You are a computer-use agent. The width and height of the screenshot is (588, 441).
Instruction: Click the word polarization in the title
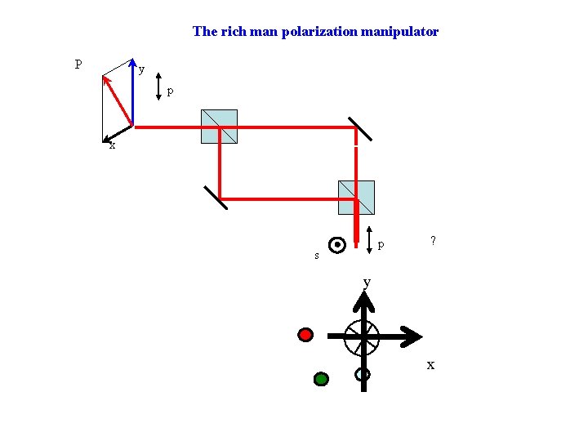click(x=311, y=32)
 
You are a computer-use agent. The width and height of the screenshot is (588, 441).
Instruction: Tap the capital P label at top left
click(x=78, y=64)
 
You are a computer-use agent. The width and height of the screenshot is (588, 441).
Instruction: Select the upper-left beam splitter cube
click(x=219, y=127)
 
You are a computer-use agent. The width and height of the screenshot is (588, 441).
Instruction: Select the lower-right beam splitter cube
click(x=356, y=197)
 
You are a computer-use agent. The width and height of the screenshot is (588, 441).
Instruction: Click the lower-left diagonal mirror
click(x=216, y=197)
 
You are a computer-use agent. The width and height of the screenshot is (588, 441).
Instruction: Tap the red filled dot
click(x=305, y=334)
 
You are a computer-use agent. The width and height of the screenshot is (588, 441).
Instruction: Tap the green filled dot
click(x=321, y=378)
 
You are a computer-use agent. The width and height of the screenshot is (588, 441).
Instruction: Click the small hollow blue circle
click(x=363, y=374)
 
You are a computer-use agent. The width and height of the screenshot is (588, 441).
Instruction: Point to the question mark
click(x=433, y=241)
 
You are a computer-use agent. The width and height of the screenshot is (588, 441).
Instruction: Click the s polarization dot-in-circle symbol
click(x=336, y=244)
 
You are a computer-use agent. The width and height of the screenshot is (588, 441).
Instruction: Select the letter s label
click(x=317, y=256)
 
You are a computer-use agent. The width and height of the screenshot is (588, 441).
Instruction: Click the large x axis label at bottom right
click(x=430, y=365)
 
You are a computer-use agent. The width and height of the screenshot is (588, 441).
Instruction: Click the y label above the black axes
click(x=367, y=282)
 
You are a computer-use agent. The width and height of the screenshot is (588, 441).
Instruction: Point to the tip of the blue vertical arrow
click(x=133, y=62)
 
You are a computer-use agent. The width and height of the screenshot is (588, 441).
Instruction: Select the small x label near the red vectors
click(x=112, y=146)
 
